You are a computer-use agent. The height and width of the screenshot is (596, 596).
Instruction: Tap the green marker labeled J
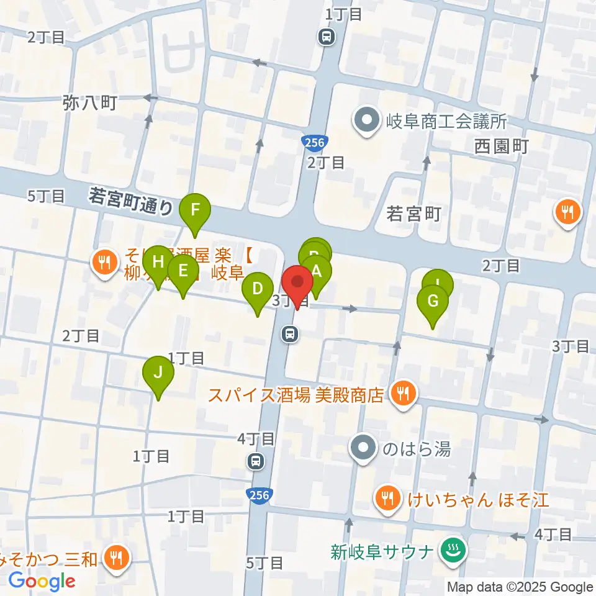[x=158, y=372]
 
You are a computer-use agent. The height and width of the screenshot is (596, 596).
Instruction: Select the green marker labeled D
[x=258, y=289]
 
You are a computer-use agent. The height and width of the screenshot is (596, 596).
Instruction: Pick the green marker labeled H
[x=158, y=261]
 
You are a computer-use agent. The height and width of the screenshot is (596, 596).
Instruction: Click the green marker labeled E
[x=183, y=271]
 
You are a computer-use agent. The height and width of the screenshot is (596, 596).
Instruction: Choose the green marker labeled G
[x=433, y=301]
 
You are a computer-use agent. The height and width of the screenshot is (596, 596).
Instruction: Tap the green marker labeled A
[x=317, y=271]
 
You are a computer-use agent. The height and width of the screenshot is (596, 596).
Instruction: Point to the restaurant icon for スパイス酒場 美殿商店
[x=404, y=392]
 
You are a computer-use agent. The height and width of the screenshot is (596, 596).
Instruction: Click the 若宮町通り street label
[x=130, y=202]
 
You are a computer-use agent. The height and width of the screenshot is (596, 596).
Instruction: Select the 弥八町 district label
[x=90, y=102]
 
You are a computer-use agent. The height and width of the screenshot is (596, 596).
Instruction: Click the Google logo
[x=42, y=581]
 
